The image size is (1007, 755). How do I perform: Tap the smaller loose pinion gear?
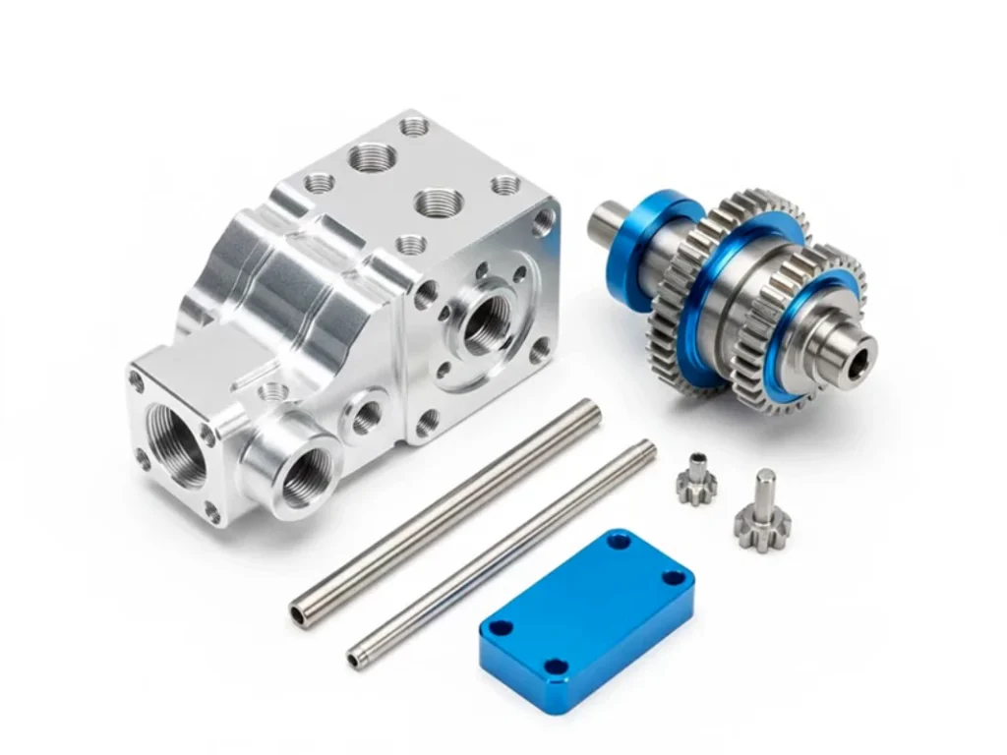tap(696, 480)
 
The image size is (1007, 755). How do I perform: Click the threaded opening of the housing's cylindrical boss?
tap(301, 473)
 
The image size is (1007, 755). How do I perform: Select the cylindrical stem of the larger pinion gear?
tap(764, 489)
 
